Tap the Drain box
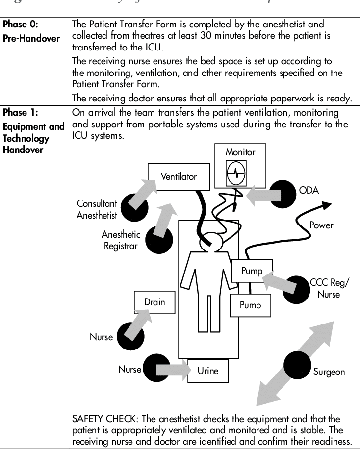pos(154,302)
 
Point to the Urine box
pos(211,371)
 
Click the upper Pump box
pos(251,271)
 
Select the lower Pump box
pos(250,305)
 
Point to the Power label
pos(321,225)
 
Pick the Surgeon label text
pos(329,372)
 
